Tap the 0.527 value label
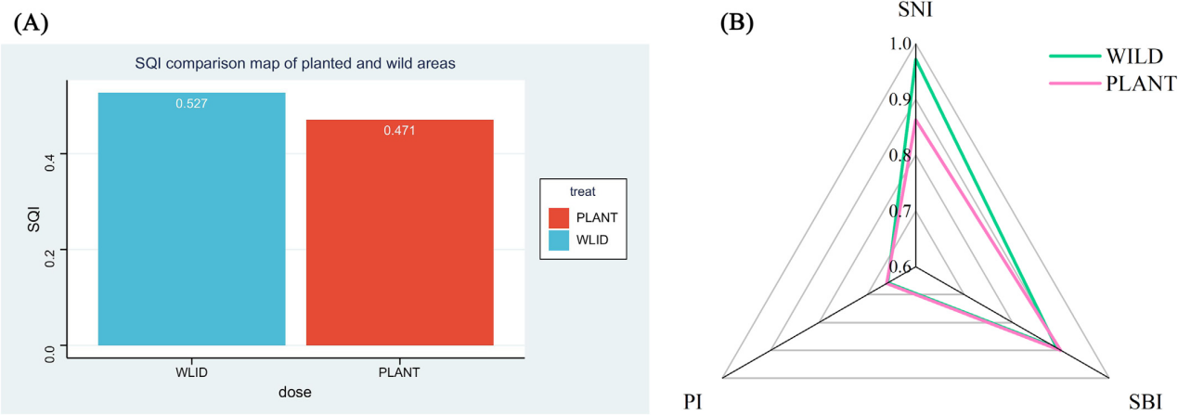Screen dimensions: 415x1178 [191, 103]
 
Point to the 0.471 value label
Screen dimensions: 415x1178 [400, 130]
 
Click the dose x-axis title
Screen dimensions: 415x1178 [295, 392]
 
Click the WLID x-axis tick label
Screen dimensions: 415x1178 [191, 371]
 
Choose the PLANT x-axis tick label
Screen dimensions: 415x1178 [400, 371]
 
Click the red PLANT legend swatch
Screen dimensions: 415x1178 [559, 217]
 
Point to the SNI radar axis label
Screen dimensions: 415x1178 [915, 12]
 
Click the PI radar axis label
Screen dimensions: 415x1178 [692, 402]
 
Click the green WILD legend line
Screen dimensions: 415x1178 [1075, 55]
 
